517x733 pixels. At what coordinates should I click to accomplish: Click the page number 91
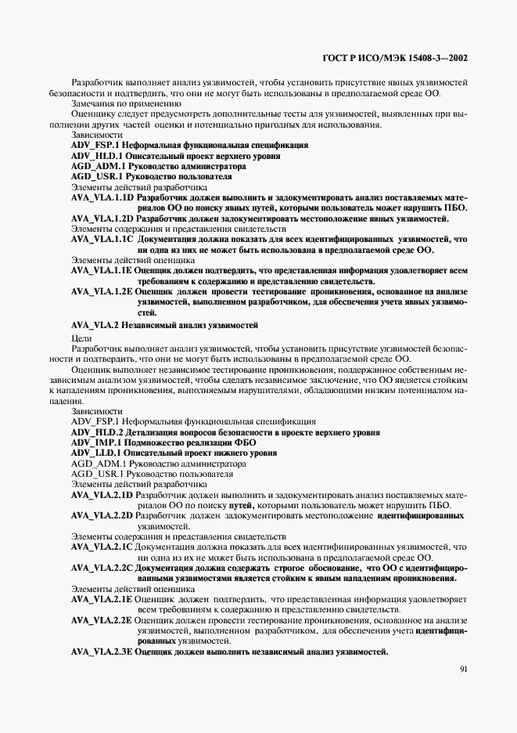464,669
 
